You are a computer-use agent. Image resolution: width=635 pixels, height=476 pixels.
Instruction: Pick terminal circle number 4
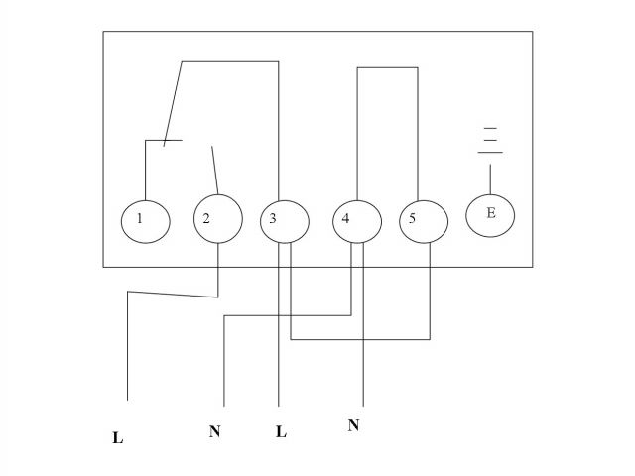coord(355,218)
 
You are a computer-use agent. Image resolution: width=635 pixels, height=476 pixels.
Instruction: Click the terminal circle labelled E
coord(490,214)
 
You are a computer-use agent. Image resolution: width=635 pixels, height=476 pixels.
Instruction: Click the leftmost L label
coord(118,437)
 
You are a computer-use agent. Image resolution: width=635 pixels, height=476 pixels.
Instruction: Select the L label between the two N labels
coord(281,433)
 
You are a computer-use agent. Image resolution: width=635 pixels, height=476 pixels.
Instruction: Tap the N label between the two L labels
coord(214,432)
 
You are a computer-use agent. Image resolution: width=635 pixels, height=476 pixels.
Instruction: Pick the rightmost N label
coord(353,425)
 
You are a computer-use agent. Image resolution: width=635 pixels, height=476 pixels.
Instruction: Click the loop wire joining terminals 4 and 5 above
coord(387,67)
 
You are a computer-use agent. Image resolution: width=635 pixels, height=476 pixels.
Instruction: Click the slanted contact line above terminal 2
coord(214,165)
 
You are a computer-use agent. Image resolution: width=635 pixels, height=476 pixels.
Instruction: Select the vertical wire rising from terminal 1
coord(144,169)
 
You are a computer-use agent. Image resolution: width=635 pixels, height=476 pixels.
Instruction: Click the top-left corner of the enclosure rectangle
coord(104,32)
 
